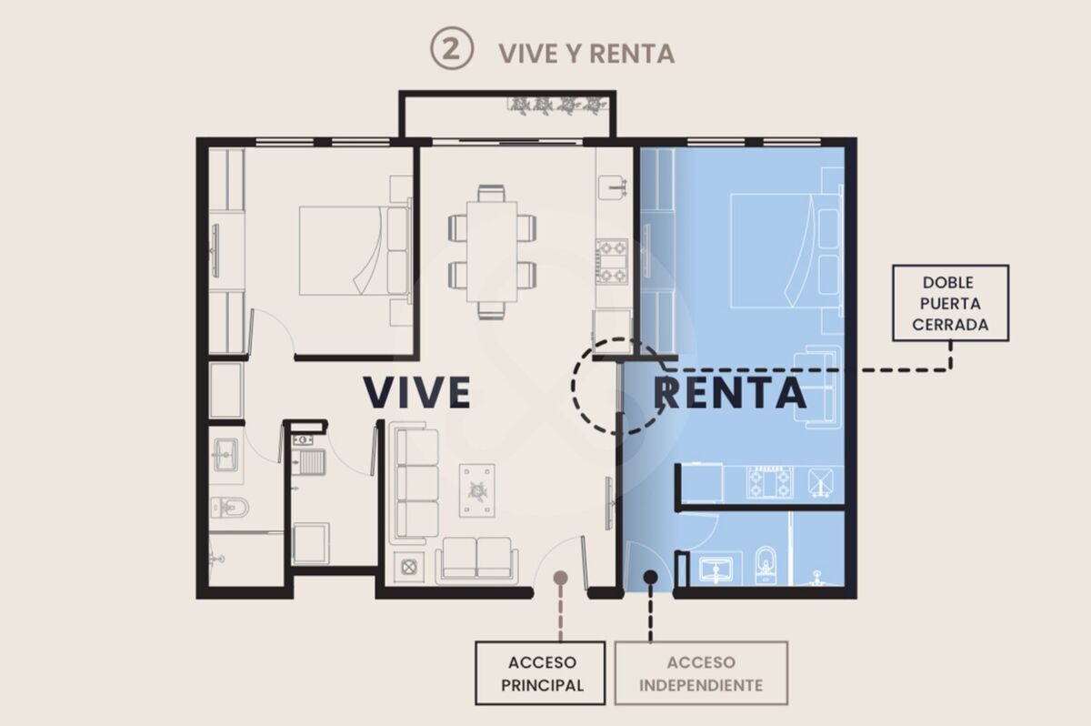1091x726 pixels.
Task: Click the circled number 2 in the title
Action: pos(452,48)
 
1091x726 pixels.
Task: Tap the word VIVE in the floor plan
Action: pos(417,392)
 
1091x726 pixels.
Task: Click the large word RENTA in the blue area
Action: pos(729,393)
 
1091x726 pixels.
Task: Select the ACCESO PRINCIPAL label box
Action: pos(540,673)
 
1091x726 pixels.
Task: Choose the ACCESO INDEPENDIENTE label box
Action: pos(701,673)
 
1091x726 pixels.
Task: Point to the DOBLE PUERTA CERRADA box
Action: pos(950,303)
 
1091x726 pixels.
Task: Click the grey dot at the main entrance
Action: pos(561,578)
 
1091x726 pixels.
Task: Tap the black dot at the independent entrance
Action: pos(650,578)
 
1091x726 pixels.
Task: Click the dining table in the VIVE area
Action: pos(492,251)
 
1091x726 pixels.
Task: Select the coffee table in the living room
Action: pos(476,490)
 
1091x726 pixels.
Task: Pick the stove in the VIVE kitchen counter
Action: pos(612,261)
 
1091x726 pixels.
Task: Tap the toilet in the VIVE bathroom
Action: pos(230,509)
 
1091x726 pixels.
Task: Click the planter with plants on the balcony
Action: pos(557,106)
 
